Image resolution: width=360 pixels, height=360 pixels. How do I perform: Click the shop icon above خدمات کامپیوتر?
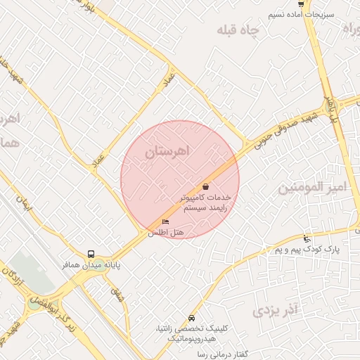205,187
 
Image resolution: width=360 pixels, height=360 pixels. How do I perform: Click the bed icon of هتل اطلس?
165,223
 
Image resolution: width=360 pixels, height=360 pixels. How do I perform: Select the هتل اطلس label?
165,233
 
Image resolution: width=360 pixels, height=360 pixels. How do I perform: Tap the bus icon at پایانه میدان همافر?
91,254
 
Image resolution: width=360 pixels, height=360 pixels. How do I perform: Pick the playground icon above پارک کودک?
305,238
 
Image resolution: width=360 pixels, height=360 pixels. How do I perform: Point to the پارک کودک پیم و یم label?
307,250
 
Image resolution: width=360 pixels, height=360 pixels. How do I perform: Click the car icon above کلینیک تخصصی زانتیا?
192,318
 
